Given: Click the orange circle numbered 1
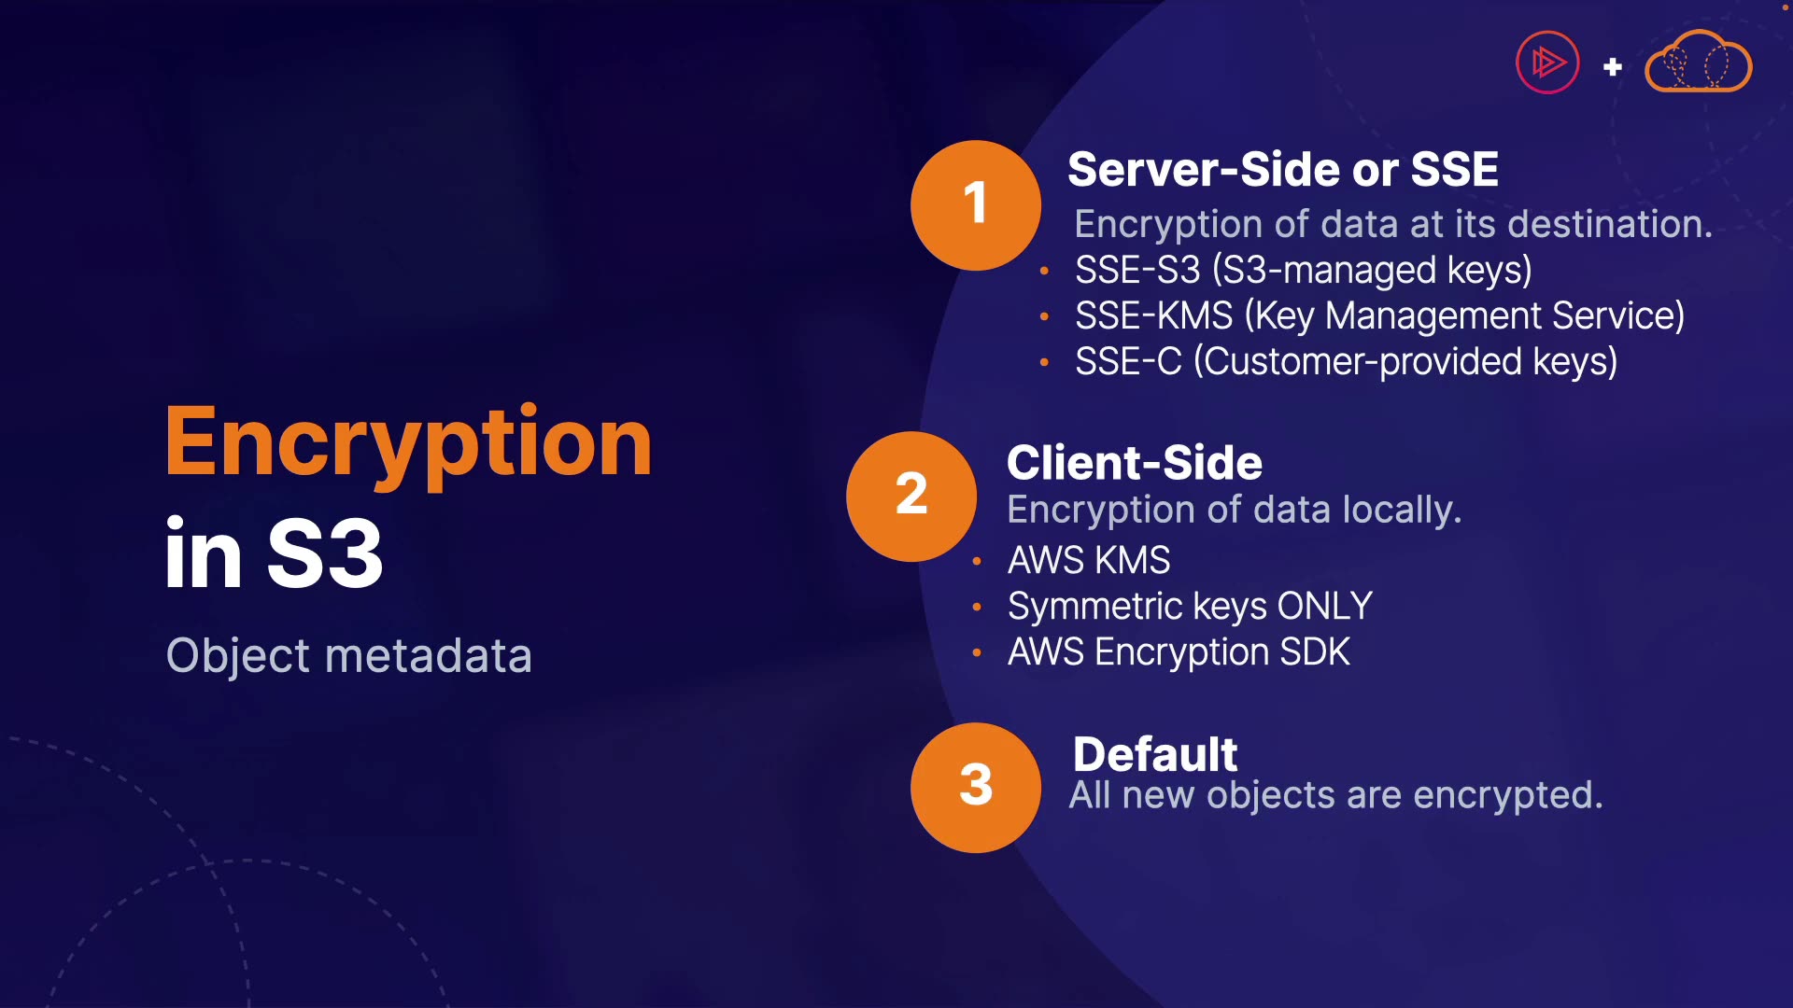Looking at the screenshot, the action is pyautogui.click(x=975, y=205).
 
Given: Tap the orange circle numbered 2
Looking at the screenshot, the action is pyautogui.click(x=911, y=496).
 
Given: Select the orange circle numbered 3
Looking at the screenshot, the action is pyautogui.click(x=975, y=787).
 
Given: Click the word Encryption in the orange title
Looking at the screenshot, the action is pyautogui.click(x=408, y=443).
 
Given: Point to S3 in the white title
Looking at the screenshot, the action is pyautogui.click(x=324, y=554).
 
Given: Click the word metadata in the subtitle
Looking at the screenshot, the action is pyautogui.click(x=428, y=655).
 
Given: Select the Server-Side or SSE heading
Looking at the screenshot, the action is pyautogui.click(x=1282, y=170).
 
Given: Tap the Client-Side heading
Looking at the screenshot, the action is pyautogui.click(x=1134, y=463).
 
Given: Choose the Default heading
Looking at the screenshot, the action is pyautogui.click(x=1154, y=754).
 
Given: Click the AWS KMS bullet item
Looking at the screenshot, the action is pyautogui.click(x=1088, y=561).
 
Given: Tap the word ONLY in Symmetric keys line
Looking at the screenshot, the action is pyautogui.click(x=1324, y=607).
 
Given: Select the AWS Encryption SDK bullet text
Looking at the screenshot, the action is pyautogui.click(x=1179, y=652).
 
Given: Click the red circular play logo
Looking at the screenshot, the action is pyautogui.click(x=1547, y=63).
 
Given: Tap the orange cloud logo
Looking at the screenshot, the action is pyautogui.click(x=1698, y=63).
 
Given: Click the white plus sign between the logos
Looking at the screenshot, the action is pyautogui.click(x=1612, y=67).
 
